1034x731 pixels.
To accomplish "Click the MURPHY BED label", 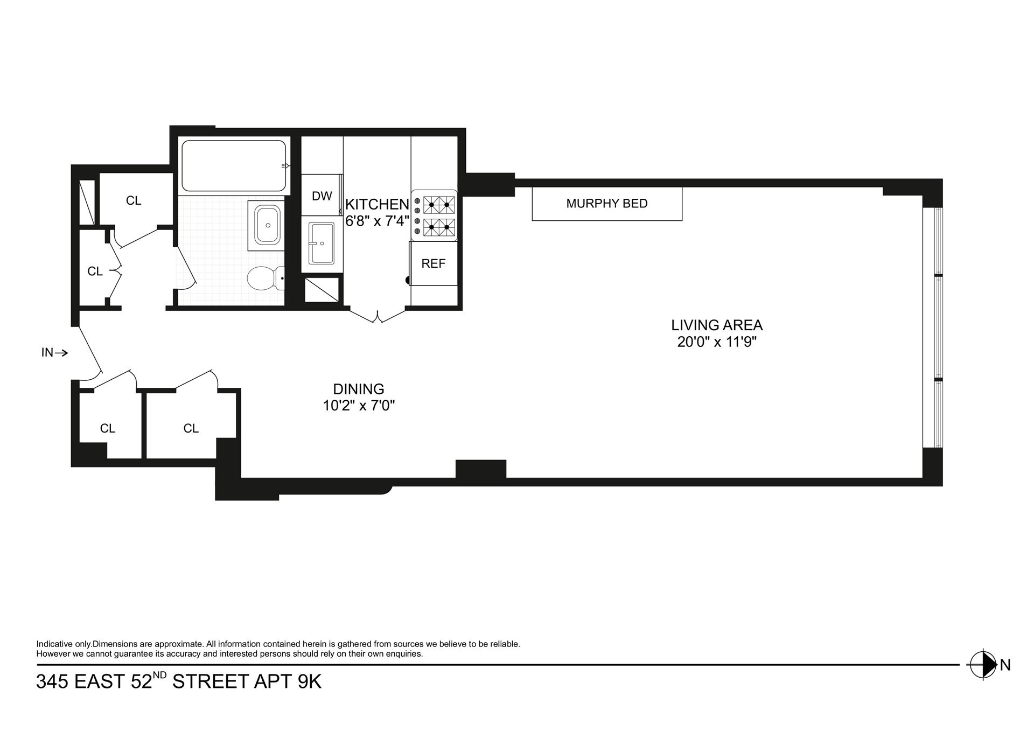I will (x=607, y=204).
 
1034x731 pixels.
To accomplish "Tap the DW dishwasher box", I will (x=322, y=196).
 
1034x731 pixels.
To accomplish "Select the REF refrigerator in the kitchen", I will (x=434, y=263).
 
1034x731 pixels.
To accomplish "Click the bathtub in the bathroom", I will (x=234, y=166).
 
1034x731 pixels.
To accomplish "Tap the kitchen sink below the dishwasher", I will (x=322, y=244).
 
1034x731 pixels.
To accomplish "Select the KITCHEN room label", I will (x=377, y=205).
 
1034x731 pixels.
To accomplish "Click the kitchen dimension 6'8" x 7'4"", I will (x=378, y=221).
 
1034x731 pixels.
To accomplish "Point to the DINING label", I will (x=359, y=389).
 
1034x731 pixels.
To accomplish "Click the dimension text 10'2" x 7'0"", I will (x=359, y=406).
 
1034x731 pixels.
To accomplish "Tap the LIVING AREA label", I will (x=717, y=325).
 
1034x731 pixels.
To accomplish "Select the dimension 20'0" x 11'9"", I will (x=717, y=342).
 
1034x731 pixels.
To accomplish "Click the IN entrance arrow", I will (x=54, y=353).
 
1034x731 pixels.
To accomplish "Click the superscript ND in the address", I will (x=160, y=674).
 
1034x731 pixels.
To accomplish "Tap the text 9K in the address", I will (x=310, y=682).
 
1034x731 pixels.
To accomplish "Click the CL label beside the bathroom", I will (x=134, y=201).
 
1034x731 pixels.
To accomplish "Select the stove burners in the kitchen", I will (x=439, y=216).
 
